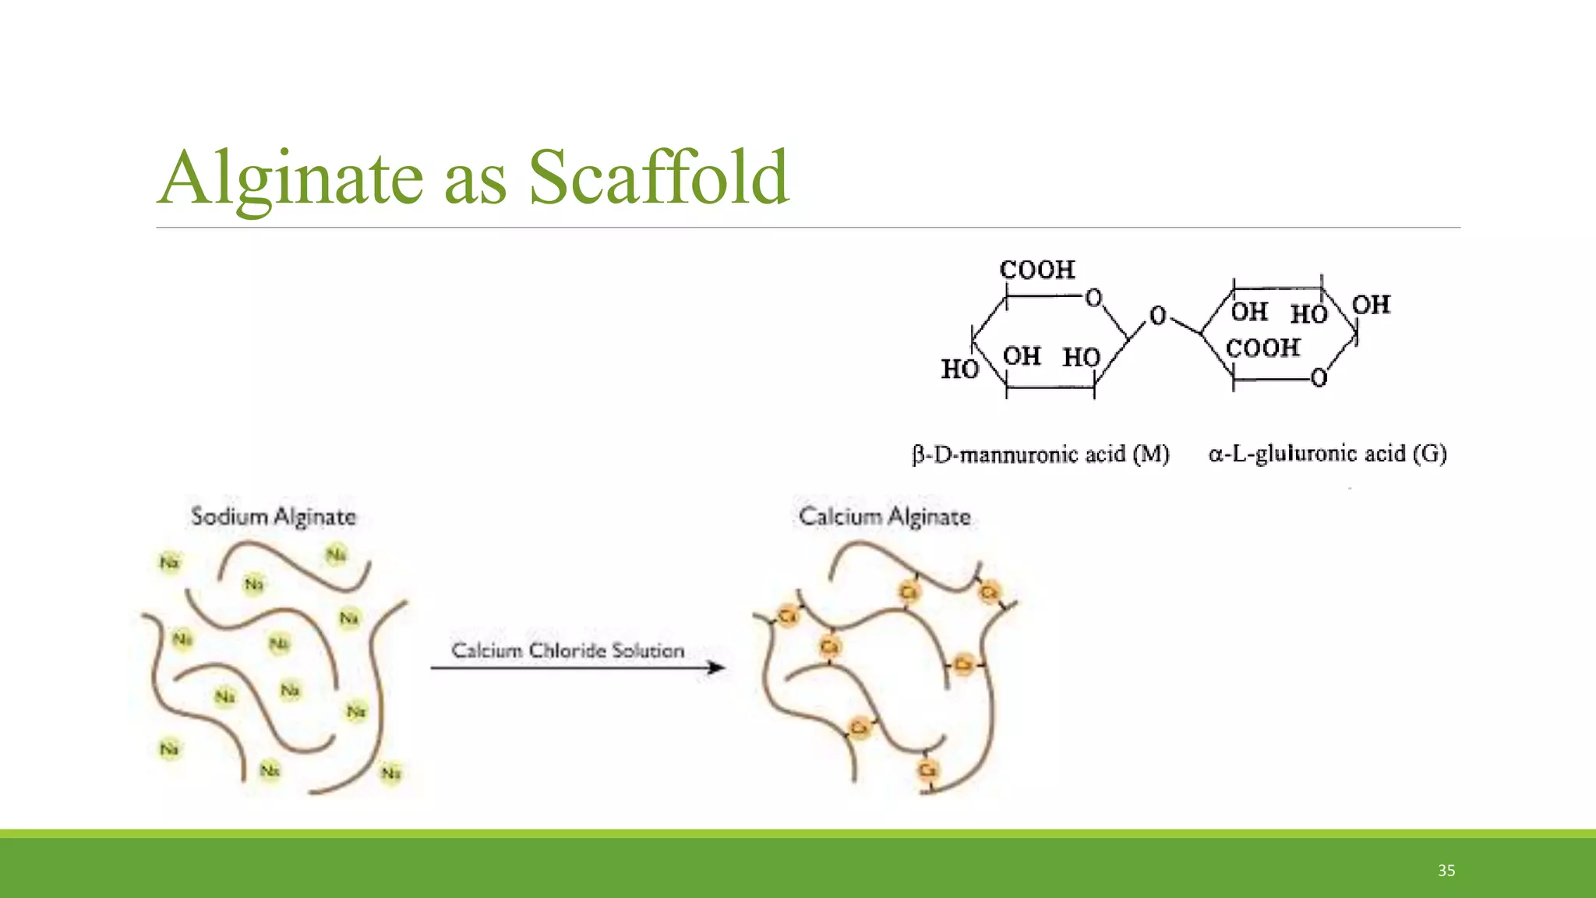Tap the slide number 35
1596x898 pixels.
[x=1446, y=871]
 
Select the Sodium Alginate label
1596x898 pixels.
[x=274, y=517]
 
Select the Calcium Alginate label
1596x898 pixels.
[x=885, y=517]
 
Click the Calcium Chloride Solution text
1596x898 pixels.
[x=567, y=650]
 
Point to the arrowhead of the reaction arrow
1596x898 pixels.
[x=716, y=667]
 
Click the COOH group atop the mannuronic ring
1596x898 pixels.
[x=1037, y=270]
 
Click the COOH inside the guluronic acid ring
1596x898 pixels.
[x=1263, y=348]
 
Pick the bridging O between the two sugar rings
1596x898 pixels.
[x=1158, y=316]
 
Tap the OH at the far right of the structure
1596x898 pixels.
[x=1371, y=305]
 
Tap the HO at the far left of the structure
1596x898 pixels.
[x=959, y=369]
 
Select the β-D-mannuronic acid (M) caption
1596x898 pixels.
[x=1041, y=454]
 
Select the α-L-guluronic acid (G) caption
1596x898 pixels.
[x=1327, y=454]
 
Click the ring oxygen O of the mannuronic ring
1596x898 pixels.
[x=1093, y=298]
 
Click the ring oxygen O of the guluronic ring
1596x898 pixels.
[x=1318, y=378]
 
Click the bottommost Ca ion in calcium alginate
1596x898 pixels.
[x=927, y=770]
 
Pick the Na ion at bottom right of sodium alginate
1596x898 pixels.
[x=390, y=773]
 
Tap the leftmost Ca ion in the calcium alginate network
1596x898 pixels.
[x=787, y=617]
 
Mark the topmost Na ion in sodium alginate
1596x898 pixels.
[x=336, y=555]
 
